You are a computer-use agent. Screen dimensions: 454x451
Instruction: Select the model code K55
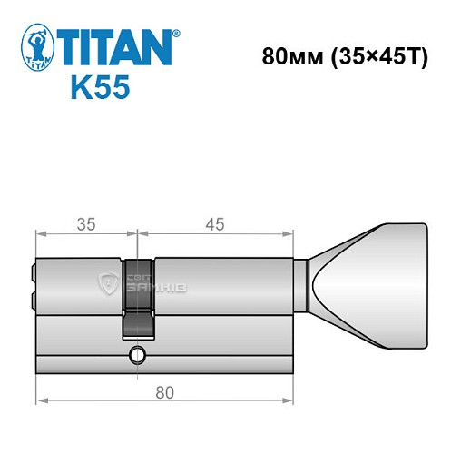[x=99, y=89]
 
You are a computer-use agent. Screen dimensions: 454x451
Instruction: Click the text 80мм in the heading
[x=285, y=56]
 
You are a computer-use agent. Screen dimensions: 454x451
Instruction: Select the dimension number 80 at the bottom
[x=164, y=393]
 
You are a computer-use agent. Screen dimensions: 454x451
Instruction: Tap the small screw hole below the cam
[x=138, y=352]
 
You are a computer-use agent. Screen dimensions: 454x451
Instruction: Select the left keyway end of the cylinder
[x=33, y=284]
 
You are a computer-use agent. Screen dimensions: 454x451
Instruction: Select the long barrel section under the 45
[x=222, y=284]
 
